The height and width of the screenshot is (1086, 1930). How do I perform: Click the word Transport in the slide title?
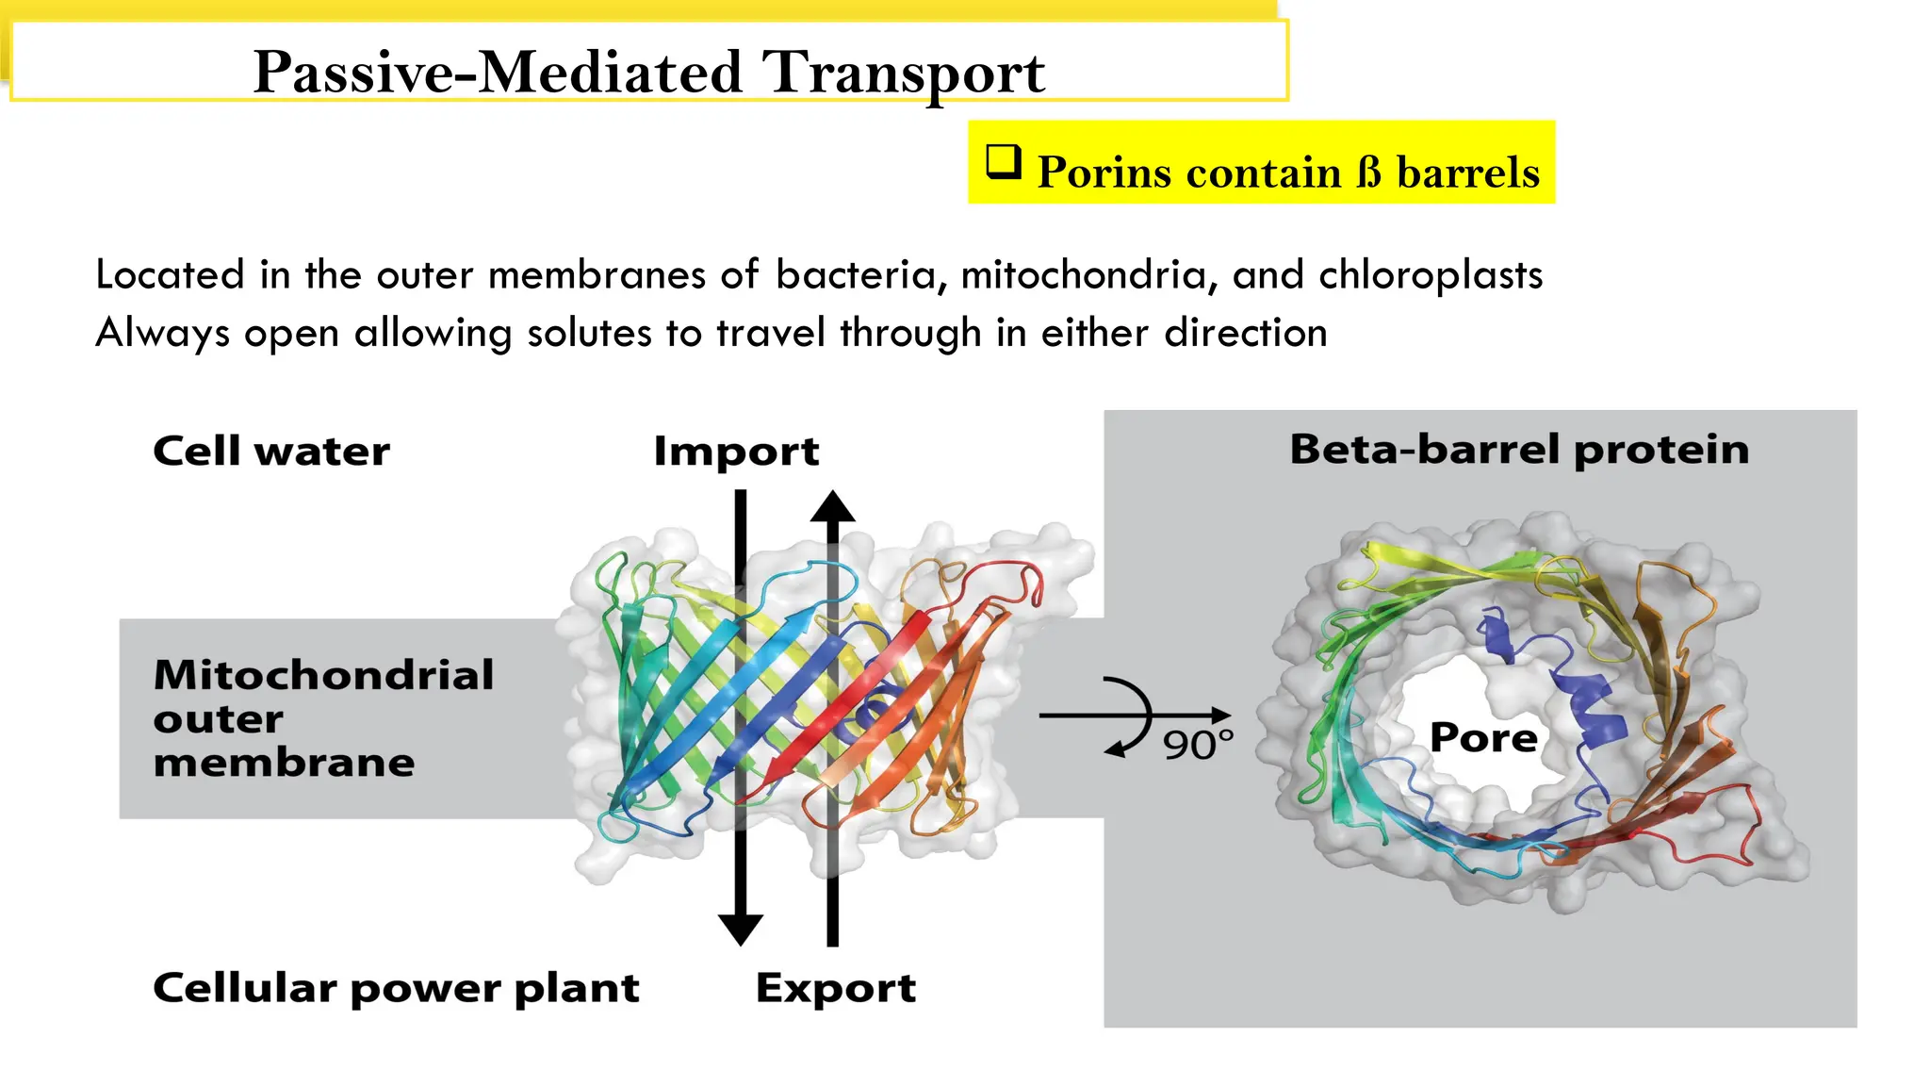click(903, 73)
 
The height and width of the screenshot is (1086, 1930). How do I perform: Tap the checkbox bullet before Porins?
click(1004, 162)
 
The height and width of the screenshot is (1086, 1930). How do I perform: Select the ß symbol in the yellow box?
click(1368, 173)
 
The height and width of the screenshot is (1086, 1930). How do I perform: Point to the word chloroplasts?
click(1430, 275)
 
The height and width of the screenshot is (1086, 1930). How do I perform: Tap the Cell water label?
click(271, 452)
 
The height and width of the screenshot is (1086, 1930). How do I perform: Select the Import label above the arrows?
click(736, 452)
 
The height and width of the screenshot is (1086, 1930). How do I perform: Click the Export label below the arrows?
click(835, 988)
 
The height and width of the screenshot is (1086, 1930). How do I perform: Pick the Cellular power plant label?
click(396, 988)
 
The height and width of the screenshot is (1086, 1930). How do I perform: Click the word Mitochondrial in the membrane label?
click(323, 675)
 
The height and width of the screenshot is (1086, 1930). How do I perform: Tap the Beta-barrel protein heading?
click(1519, 450)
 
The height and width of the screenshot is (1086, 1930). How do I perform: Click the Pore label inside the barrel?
click(1483, 737)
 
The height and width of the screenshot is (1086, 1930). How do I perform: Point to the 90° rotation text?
click(1197, 745)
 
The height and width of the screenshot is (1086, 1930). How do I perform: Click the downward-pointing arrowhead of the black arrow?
click(741, 929)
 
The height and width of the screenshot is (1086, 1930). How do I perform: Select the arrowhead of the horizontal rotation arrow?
click(1220, 716)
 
